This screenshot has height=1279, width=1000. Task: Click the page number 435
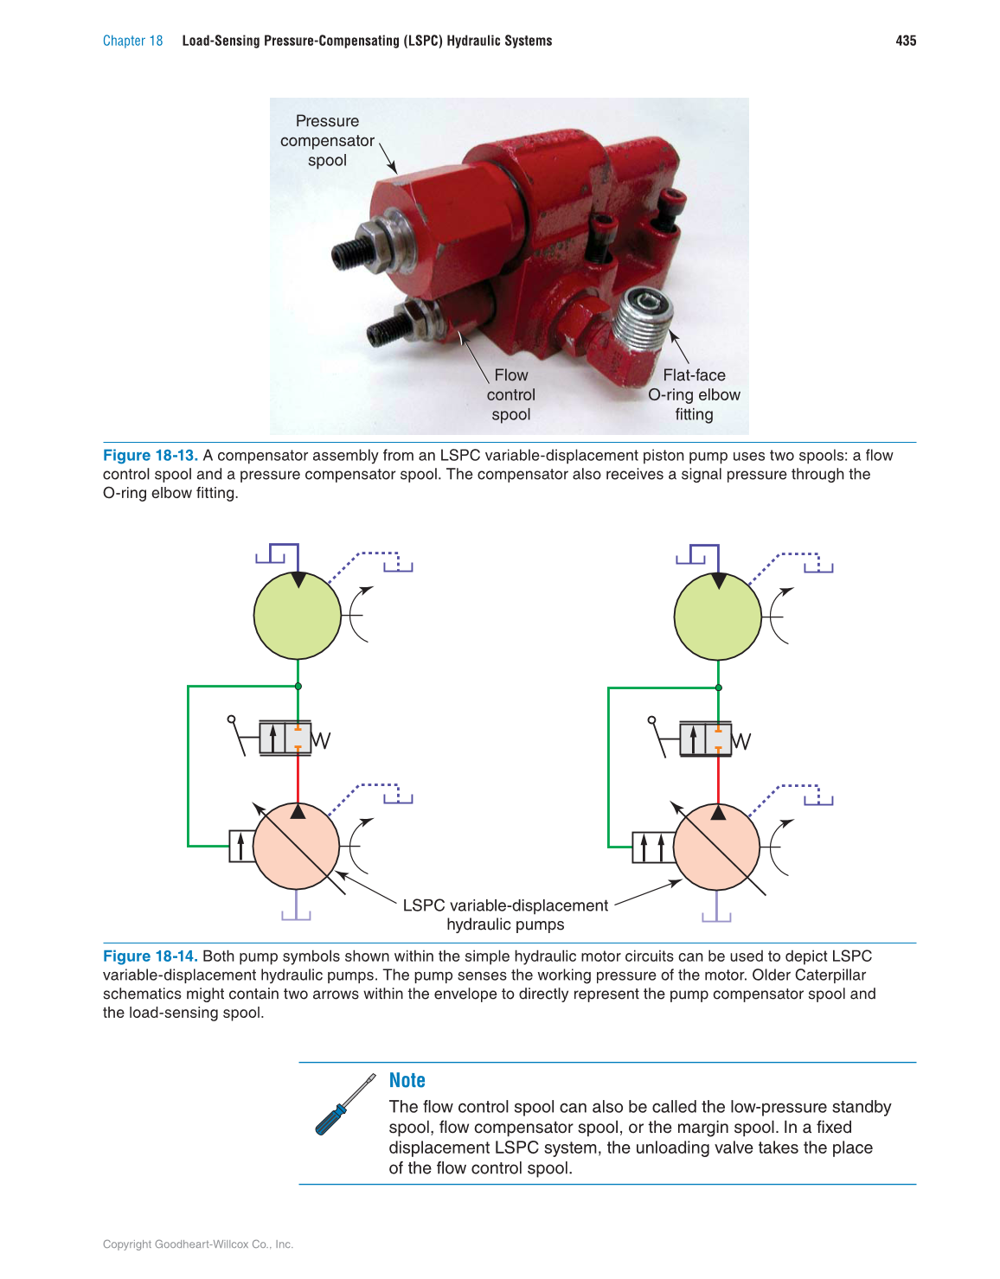click(906, 41)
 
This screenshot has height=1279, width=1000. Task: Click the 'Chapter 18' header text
click(132, 41)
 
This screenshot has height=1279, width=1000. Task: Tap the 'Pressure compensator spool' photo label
click(327, 141)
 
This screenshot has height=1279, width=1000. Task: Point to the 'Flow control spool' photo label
click(510, 395)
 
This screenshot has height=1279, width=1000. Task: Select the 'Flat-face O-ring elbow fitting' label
click(694, 395)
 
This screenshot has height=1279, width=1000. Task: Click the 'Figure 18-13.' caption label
click(150, 456)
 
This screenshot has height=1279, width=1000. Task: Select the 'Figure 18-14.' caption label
click(150, 956)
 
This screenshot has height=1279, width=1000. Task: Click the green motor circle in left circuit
click(298, 616)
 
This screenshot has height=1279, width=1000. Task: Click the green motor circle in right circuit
click(718, 616)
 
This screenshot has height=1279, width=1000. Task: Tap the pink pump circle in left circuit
click(297, 847)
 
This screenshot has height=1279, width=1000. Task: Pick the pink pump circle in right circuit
click(717, 847)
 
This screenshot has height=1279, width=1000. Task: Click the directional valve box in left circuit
click(285, 739)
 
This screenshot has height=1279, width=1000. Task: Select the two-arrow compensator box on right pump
click(652, 847)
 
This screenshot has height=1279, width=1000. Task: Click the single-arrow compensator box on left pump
click(241, 847)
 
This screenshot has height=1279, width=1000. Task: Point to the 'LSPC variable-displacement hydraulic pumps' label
click(505, 915)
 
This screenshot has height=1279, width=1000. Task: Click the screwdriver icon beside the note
click(344, 1105)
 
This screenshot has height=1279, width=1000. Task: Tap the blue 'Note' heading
click(407, 1081)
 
